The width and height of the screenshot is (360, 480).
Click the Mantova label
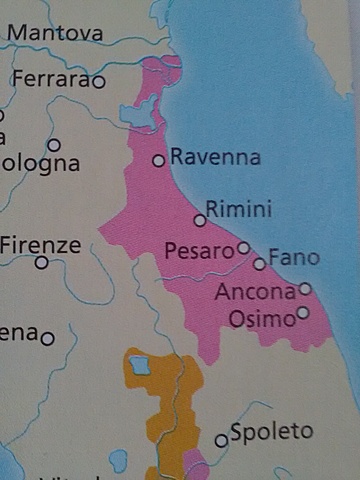[54, 33]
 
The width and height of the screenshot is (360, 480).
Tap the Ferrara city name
[50, 78]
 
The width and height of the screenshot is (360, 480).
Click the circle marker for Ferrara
[98, 81]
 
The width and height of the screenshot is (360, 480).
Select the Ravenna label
[215, 157]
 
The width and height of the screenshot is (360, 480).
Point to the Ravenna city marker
[158, 160]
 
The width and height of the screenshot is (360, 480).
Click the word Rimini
[238, 208]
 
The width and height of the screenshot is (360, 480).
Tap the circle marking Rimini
[200, 220]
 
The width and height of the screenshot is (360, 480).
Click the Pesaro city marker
[243, 247]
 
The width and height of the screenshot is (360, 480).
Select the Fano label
[294, 258]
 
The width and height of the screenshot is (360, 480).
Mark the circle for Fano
[260, 264]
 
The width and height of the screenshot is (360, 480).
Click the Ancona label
[255, 293]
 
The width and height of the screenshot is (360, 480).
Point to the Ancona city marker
[305, 289]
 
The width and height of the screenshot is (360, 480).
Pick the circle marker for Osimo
[303, 313]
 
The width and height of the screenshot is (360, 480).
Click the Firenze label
[40, 244]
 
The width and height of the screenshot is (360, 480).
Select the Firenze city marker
[42, 263]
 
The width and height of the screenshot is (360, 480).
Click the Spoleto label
[272, 432]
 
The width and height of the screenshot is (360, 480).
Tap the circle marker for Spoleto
[222, 440]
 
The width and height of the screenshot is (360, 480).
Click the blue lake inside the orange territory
[139, 364]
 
